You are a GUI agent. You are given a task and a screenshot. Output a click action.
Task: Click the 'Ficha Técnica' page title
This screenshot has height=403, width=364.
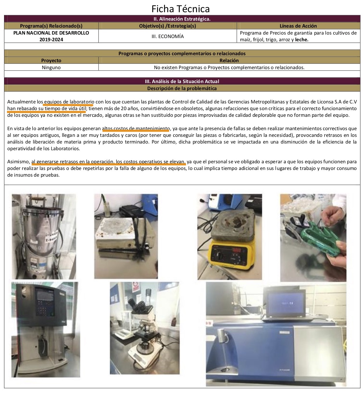(180, 9)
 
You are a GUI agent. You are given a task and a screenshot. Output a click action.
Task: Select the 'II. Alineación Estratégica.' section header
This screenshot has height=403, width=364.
(182, 19)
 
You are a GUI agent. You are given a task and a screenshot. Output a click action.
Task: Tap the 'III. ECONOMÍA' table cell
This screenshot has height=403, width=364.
(168, 36)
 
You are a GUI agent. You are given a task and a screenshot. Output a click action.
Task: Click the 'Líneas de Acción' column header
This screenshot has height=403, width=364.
(298, 26)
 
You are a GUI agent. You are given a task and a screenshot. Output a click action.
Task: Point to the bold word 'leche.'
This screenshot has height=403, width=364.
(302, 40)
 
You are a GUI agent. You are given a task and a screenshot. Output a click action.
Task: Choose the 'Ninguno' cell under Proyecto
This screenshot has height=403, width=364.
(51, 67)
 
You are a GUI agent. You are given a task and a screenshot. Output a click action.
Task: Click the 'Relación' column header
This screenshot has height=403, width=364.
(229, 60)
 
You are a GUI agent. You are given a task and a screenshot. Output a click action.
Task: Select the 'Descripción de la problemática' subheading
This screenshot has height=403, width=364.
(182, 88)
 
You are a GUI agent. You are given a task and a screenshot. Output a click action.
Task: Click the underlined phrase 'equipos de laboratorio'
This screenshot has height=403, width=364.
(69, 102)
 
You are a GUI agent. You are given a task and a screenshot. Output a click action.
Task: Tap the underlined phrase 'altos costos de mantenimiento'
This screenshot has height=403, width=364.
(136, 128)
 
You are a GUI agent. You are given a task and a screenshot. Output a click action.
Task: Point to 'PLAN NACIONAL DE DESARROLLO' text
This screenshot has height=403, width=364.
(51, 33)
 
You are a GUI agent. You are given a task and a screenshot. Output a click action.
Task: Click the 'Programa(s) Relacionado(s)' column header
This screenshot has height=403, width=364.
(51, 26)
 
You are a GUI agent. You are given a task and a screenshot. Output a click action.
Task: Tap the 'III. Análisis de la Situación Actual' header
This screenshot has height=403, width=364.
(182, 81)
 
